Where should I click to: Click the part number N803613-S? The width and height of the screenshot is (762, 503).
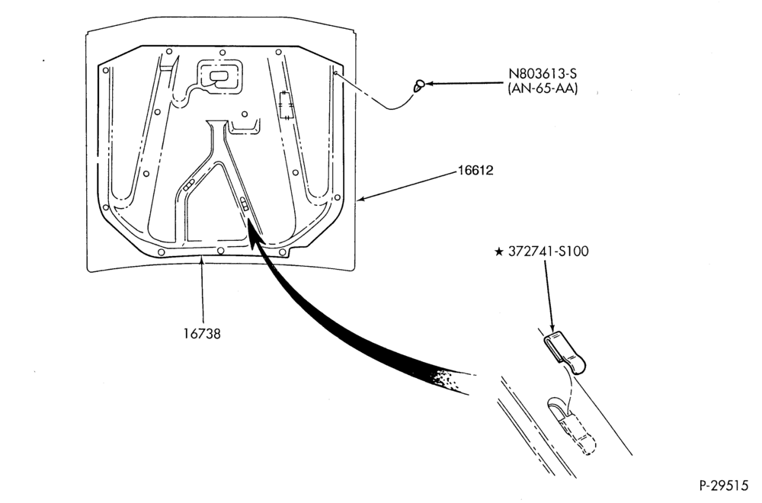[543, 74]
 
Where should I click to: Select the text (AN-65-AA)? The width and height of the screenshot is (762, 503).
[543, 89]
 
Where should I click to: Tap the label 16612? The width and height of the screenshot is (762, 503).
[475, 171]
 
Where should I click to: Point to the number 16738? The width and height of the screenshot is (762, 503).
[202, 334]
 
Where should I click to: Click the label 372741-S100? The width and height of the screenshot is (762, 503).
[548, 251]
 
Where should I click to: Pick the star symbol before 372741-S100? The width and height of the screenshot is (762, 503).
[498, 251]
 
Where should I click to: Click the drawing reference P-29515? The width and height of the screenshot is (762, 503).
[724, 485]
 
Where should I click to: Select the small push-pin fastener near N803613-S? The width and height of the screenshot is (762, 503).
[418, 85]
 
